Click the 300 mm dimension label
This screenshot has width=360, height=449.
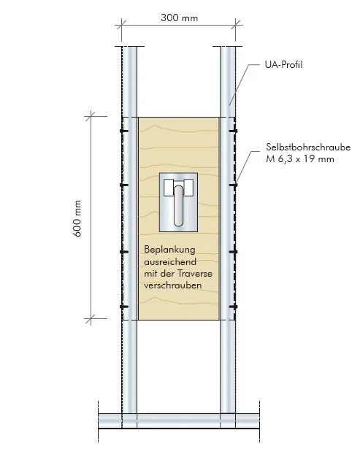click(x=180, y=18)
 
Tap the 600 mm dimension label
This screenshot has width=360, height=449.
click(x=77, y=218)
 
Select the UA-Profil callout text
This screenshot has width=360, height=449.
click(x=283, y=64)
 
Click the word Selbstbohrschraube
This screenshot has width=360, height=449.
click(x=308, y=147)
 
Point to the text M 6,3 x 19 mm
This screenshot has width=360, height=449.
click(x=300, y=158)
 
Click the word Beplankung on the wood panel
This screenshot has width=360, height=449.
click(x=169, y=250)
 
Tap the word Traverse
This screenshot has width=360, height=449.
click(x=195, y=273)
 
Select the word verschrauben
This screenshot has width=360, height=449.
click(x=172, y=285)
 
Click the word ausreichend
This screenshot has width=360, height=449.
click(x=170, y=261)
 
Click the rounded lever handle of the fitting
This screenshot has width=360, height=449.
click(x=178, y=206)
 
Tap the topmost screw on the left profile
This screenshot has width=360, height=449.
click(x=123, y=131)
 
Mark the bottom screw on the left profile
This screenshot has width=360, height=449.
click(x=123, y=307)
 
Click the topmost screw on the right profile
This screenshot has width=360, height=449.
click(x=233, y=131)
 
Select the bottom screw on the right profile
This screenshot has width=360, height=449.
click(x=233, y=307)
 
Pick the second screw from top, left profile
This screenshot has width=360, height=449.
click(x=123, y=185)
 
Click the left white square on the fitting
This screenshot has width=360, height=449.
click(x=169, y=188)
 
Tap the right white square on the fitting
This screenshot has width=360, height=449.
click(x=188, y=188)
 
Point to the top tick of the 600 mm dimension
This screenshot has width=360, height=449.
click(x=91, y=116)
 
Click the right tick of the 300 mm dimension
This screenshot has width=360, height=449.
click(x=235, y=26)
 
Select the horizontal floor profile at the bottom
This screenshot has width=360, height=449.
click(x=179, y=421)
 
